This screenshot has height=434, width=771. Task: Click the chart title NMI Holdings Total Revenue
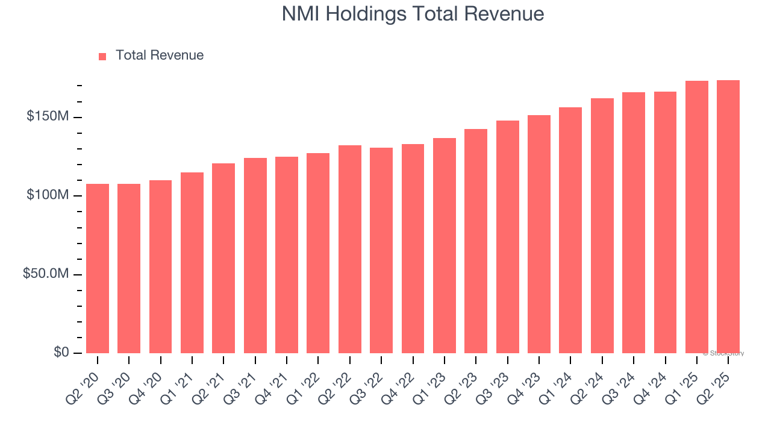[x=413, y=14]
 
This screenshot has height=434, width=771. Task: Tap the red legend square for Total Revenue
[x=102, y=57]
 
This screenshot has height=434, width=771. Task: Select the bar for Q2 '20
[x=98, y=268]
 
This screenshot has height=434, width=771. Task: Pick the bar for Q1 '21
[x=192, y=263]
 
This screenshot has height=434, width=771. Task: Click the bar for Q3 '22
[x=381, y=250]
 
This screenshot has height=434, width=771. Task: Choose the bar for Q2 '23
[x=476, y=241]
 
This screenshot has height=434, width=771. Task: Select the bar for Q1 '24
[x=570, y=230]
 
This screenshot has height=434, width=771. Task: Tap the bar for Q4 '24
[x=665, y=222]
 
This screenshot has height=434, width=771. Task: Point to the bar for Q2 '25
[x=728, y=217]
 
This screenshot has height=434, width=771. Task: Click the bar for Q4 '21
[x=287, y=255]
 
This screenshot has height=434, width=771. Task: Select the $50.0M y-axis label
[x=45, y=274]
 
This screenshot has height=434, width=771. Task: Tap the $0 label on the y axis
[x=60, y=353]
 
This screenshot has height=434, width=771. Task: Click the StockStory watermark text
[x=723, y=353]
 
